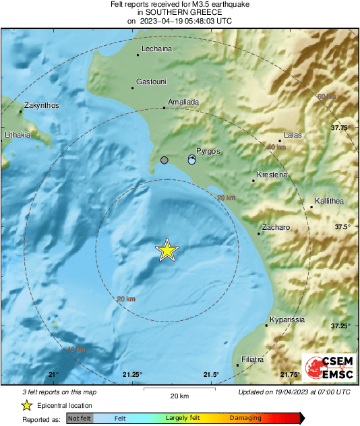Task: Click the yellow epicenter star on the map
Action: click(x=167, y=250)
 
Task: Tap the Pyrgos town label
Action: click(x=208, y=152)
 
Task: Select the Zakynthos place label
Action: click(x=41, y=105)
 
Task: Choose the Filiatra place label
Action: click(x=252, y=359)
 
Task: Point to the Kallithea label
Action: click(x=329, y=202)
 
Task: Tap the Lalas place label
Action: click(x=293, y=135)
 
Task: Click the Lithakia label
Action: click(x=18, y=135)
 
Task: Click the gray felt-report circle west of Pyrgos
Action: click(x=164, y=160)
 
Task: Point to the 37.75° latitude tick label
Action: click(x=341, y=127)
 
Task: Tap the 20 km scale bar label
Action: click(x=179, y=395)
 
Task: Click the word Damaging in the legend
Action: click(x=247, y=418)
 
